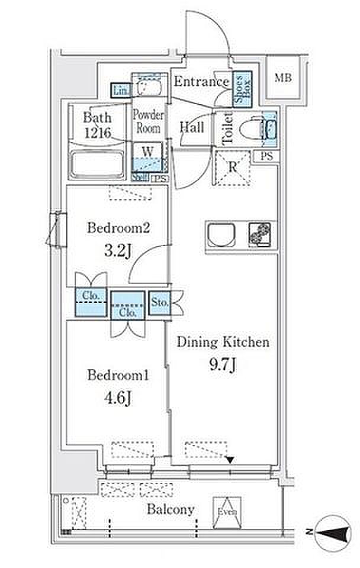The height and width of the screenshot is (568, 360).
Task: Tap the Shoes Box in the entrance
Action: (242, 88)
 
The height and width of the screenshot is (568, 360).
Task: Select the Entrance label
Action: (201, 82)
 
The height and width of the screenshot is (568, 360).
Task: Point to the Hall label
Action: (192, 127)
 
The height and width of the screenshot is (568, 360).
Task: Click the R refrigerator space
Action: (233, 167)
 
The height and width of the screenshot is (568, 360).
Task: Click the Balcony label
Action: (171, 509)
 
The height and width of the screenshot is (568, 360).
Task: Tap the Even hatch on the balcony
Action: (227, 511)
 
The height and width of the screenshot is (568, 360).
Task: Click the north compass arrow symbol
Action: (331, 532)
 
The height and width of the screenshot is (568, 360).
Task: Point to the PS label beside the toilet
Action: (266, 157)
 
